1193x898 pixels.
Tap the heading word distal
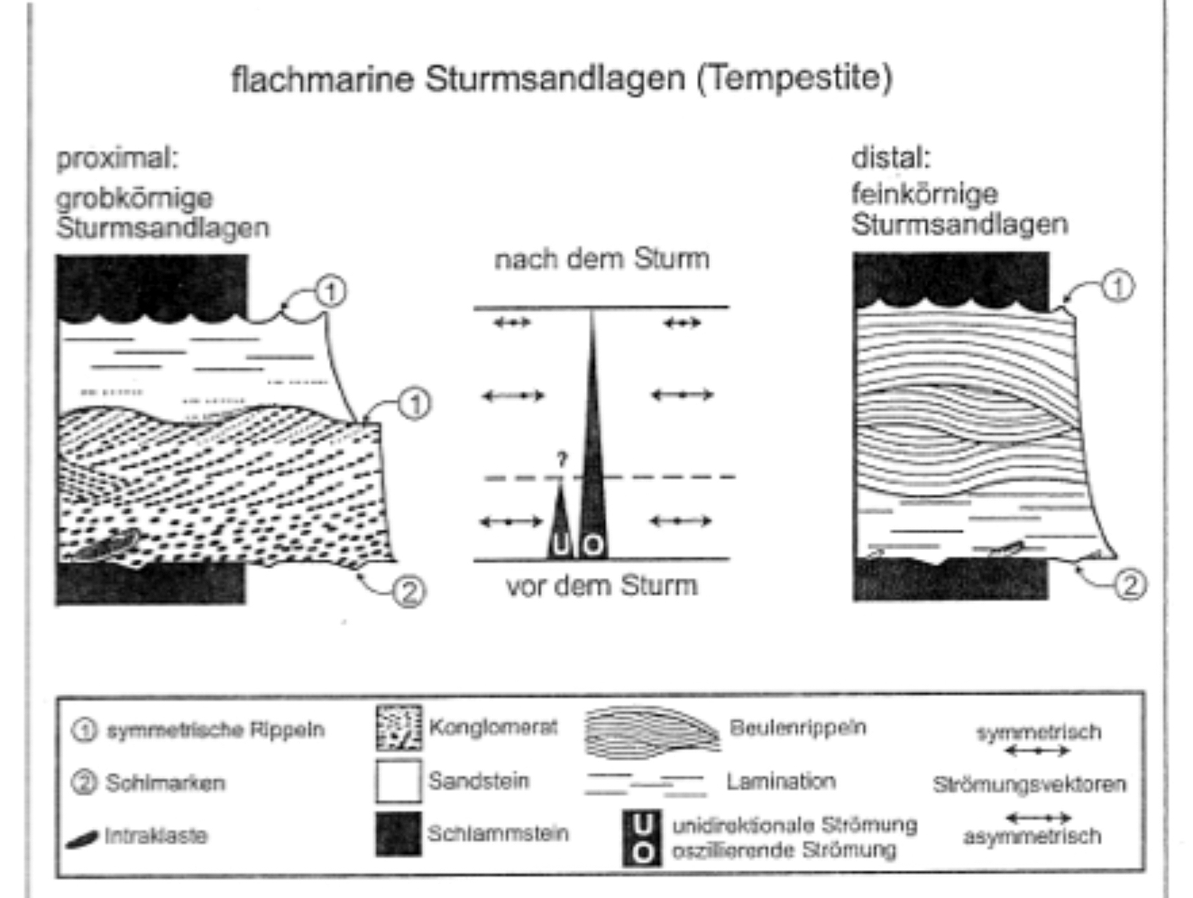tap(891, 157)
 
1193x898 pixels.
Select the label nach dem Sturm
tap(602, 259)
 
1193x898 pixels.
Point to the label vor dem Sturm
tap(602, 586)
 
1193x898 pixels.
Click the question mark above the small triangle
tap(562, 460)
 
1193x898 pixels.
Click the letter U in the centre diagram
tap(560, 545)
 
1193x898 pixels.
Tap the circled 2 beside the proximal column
tap(409, 592)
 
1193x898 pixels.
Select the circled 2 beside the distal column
tap(1130, 584)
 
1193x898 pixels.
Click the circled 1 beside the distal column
tap(1118, 286)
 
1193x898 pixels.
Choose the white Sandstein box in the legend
tap(399, 781)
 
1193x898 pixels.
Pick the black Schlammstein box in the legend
tap(399, 833)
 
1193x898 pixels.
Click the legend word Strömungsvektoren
tap(1029, 784)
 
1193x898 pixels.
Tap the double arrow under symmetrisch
tap(1037, 751)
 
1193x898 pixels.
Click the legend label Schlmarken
tap(166, 783)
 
